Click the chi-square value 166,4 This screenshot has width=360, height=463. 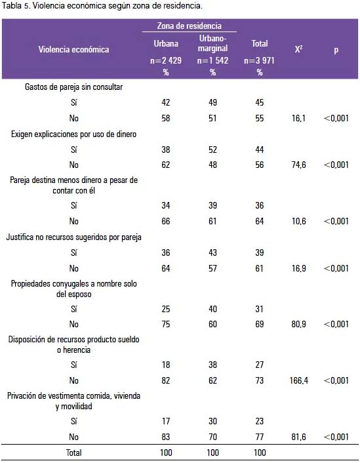pyautogui.click(x=298, y=380)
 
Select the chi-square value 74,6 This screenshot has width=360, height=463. pyautogui.click(x=298, y=165)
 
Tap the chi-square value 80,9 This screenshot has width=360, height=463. pyautogui.click(x=298, y=324)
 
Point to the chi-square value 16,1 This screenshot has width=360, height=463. pyautogui.click(x=298, y=118)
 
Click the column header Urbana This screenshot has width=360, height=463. pyautogui.click(x=166, y=44)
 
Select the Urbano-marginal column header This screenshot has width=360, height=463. pyautogui.click(x=212, y=43)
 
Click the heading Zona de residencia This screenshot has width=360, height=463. pyautogui.click(x=189, y=26)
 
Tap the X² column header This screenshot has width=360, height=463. pyautogui.click(x=298, y=49)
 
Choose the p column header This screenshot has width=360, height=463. pyautogui.click(x=336, y=50)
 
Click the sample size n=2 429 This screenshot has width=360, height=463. pyautogui.click(x=166, y=60)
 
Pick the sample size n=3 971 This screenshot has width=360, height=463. pyautogui.click(x=259, y=60)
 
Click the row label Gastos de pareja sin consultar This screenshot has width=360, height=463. pyautogui.click(x=73, y=87)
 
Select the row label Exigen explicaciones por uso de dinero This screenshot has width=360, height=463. pyautogui.click(x=73, y=134)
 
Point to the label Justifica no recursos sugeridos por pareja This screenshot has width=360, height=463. pyautogui.click(x=73, y=237)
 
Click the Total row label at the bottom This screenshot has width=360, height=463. pyautogui.click(x=73, y=453)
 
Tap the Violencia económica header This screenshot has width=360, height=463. pyautogui.click(x=73, y=49)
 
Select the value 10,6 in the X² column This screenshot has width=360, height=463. pyautogui.click(x=298, y=221)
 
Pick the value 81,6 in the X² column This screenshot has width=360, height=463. pyautogui.click(x=298, y=437)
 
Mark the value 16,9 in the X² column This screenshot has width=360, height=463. pyautogui.click(x=298, y=268)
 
